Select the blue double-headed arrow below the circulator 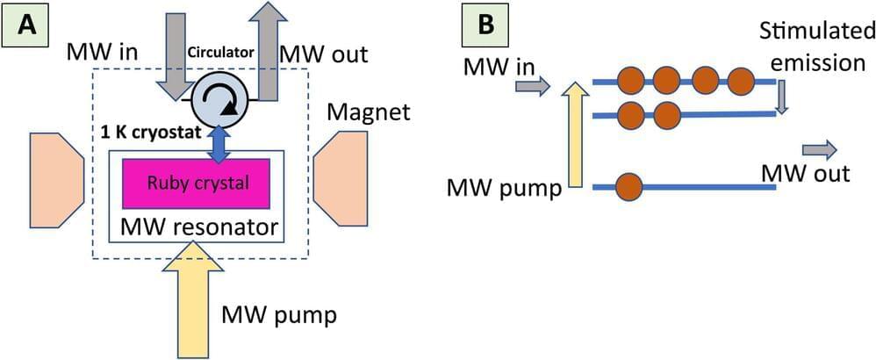(x=219, y=143)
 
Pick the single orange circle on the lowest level (x=629, y=186)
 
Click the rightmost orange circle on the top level (x=744, y=80)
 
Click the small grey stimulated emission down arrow (x=782, y=97)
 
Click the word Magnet (x=358, y=112)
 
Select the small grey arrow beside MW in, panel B (x=532, y=85)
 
